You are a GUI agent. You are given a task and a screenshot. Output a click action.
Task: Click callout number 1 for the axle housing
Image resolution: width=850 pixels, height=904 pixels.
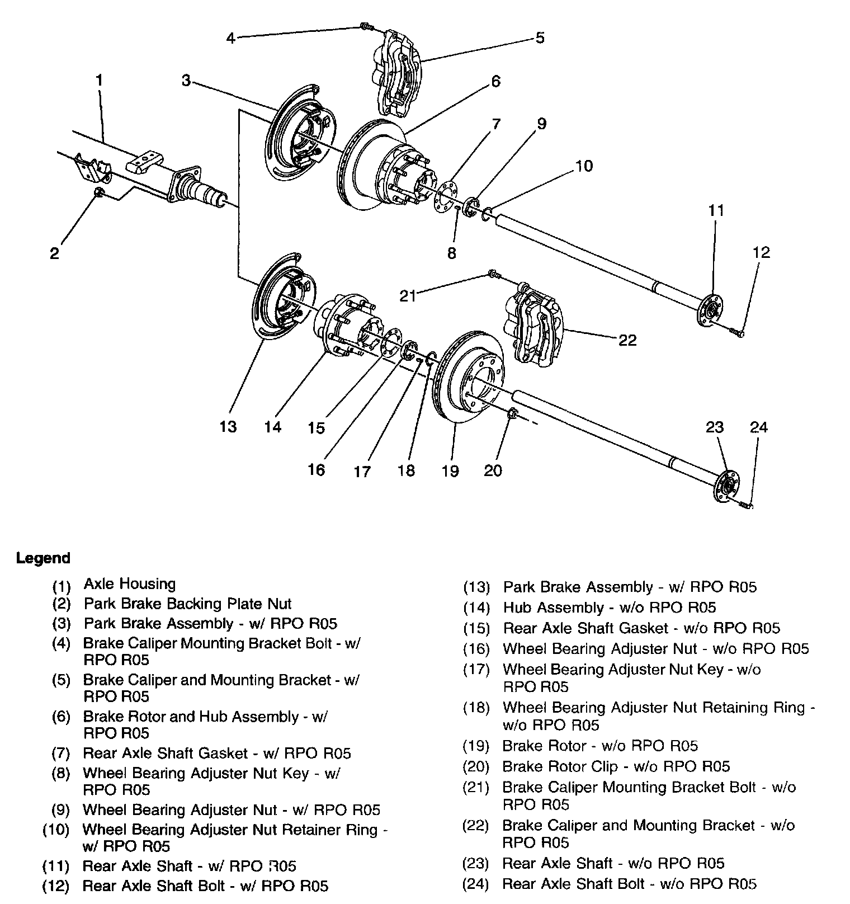[x=99, y=80]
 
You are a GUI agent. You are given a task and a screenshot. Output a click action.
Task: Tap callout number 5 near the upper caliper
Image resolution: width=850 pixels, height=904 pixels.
[x=540, y=38]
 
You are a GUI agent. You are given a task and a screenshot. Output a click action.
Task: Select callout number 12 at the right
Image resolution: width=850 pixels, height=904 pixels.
[x=761, y=252]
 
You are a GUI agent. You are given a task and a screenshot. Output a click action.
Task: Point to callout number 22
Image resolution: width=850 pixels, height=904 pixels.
[x=628, y=340]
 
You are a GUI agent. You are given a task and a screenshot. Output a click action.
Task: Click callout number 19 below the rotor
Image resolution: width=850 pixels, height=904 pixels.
[x=450, y=470]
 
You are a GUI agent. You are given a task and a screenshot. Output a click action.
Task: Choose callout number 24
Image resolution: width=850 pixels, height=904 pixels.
[x=759, y=427]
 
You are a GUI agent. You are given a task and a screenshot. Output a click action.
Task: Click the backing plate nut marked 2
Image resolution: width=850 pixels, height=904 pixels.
[x=98, y=192]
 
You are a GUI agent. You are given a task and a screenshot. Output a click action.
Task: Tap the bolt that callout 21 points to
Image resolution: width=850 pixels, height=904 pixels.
[x=492, y=274]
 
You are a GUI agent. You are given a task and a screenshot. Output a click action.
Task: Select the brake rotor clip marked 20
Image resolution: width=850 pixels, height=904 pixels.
[x=512, y=415]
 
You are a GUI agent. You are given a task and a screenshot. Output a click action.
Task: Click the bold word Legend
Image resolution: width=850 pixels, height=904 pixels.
[x=44, y=558]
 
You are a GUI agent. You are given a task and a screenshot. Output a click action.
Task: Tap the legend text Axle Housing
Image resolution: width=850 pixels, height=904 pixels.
[x=130, y=584]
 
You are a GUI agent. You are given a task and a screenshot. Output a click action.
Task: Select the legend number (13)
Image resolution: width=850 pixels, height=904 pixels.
[x=476, y=588]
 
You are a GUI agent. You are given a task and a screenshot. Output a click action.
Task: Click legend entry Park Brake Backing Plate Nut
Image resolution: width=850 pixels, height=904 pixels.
[x=188, y=604]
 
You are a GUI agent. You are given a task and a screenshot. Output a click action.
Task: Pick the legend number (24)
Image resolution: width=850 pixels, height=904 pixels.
[x=476, y=884]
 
